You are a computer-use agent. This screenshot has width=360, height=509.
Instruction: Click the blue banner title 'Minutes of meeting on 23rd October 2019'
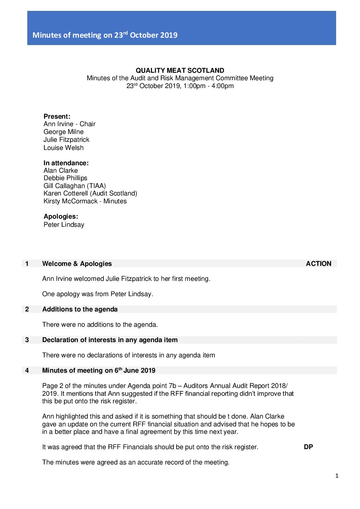[x=105, y=35]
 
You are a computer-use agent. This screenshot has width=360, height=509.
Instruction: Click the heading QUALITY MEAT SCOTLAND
[x=180, y=70]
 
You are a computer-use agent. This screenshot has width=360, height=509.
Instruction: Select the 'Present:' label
[x=57, y=116]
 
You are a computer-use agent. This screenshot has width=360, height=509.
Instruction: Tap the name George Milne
[x=63, y=132]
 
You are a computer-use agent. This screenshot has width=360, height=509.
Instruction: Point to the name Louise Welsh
[x=63, y=148]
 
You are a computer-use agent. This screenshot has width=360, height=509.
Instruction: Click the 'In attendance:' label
[x=66, y=163]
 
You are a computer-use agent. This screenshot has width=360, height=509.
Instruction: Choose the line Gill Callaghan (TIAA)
[x=75, y=186]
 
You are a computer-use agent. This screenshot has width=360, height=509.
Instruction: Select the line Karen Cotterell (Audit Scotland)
[x=90, y=193]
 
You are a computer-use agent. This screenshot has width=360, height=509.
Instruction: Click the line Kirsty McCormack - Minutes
[x=85, y=201]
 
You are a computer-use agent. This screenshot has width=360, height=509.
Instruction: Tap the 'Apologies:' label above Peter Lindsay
[x=61, y=216]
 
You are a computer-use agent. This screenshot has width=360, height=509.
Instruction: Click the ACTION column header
[x=318, y=264]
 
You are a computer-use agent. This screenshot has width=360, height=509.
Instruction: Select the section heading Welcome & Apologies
[x=77, y=264]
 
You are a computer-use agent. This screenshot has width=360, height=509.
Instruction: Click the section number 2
[x=27, y=309]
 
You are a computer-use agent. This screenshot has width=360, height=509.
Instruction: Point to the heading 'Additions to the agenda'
[x=80, y=309]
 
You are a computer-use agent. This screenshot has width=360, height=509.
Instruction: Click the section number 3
[x=27, y=340]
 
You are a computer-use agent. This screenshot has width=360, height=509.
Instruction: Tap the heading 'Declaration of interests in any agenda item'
[x=110, y=340]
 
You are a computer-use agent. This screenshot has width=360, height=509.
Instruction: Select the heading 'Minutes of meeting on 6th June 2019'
[x=99, y=370]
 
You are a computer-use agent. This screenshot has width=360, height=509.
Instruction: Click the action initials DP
[x=308, y=447]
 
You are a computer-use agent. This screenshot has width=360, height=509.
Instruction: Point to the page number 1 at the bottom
[x=337, y=476]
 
